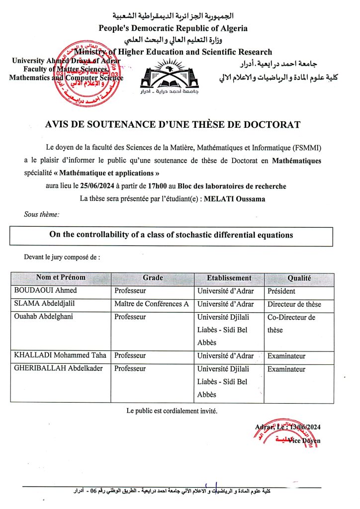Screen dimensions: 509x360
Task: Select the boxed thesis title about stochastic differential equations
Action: click(171, 235)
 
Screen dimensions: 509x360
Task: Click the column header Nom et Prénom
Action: click(61, 278)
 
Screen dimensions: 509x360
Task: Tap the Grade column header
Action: click(153, 278)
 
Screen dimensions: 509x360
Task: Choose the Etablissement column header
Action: click(229, 278)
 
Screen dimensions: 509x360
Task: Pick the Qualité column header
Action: click(299, 278)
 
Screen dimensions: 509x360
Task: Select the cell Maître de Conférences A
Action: click(152, 304)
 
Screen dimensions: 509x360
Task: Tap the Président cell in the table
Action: click(281, 291)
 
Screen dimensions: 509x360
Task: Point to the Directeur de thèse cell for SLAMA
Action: click(294, 304)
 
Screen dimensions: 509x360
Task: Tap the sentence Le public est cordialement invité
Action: click(172, 411)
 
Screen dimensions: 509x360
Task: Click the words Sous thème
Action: click(42, 214)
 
